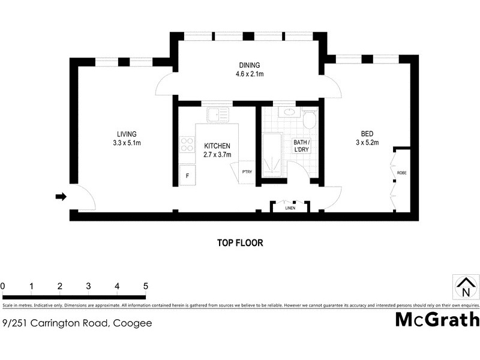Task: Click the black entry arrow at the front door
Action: pos(61,196)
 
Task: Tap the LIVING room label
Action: pos(127,134)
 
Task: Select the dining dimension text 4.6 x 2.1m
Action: pos(250,74)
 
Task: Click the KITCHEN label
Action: pos(217,146)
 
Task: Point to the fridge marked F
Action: pos(187,175)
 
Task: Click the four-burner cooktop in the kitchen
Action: pos(187,145)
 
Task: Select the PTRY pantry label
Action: pos(247,172)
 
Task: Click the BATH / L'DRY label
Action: pos(301,146)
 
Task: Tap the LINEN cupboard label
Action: pos(290,208)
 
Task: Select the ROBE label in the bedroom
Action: pos(401,173)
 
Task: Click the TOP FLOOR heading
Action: pos(240,243)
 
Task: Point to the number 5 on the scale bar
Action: pos(145,286)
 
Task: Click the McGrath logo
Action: pos(437,320)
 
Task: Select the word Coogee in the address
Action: pos(133,323)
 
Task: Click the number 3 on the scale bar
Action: pos(88,286)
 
